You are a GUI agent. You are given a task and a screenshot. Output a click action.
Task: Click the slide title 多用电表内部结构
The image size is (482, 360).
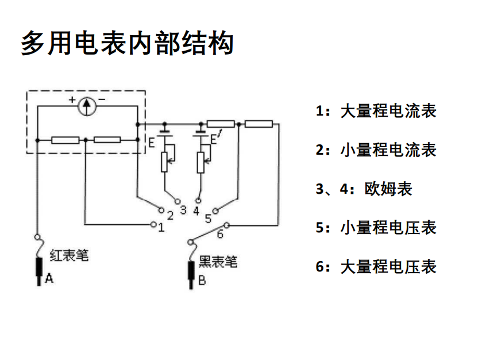[x=127, y=44]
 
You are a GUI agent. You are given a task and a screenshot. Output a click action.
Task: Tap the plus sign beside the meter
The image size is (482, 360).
[x=72, y=100]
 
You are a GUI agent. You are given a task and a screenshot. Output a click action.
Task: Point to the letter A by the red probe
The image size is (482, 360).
[x=49, y=279]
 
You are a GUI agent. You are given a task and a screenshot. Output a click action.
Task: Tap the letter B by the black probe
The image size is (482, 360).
[x=202, y=281]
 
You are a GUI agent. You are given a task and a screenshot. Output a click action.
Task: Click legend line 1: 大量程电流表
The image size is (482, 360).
[x=376, y=110]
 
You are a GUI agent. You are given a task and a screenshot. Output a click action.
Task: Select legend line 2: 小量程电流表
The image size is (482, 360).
[x=376, y=150]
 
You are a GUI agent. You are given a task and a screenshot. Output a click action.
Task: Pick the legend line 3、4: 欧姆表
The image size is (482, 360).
[x=364, y=189]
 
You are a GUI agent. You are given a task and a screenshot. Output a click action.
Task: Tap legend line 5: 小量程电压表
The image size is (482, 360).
[x=376, y=228]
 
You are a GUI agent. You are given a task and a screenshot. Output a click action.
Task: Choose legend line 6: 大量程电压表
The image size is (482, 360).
[x=376, y=267]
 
